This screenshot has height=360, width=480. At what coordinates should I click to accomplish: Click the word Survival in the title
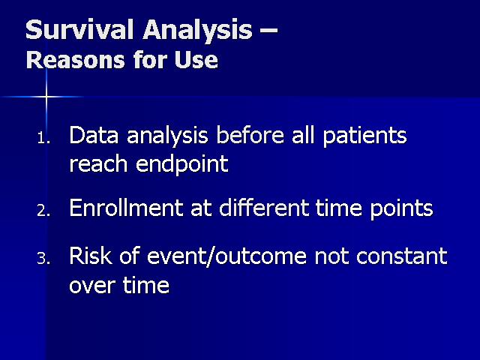pyautogui.click(x=79, y=30)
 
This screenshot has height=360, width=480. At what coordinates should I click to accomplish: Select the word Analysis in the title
pyautogui.click(x=197, y=31)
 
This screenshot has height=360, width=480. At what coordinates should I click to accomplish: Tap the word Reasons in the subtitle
pyautogui.click(x=76, y=59)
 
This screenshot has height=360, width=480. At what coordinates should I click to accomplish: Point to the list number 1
pyautogui.click(x=43, y=138)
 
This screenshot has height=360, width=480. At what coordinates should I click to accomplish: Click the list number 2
pyautogui.click(x=43, y=211)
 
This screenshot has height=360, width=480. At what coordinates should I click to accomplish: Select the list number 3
pyautogui.click(x=43, y=259)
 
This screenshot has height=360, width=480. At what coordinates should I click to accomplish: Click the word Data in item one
pyautogui.click(x=94, y=135)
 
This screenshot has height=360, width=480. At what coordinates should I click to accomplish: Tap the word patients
pyautogui.click(x=364, y=136)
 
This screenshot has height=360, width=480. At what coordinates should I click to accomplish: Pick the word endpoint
pyautogui.click(x=182, y=165)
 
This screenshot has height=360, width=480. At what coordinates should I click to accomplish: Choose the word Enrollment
pyautogui.click(x=126, y=208)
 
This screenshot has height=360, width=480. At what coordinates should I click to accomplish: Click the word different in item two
pyautogui.click(x=264, y=208)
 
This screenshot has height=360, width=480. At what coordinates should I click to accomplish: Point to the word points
pyautogui.click(x=401, y=209)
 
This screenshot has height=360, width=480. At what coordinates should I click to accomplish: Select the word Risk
pyautogui.click(x=91, y=256)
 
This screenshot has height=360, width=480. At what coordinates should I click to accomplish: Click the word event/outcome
pyautogui.click(x=226, y=256)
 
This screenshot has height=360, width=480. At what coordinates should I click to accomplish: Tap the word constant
pyautogui.click(x=402, y=256)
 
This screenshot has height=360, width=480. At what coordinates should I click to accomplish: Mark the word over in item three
pyautogui.click(x=92, y=286)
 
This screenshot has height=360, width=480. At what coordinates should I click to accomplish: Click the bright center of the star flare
pyautogui.click(x=46, y=97)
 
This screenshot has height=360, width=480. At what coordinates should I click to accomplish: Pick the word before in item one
pyautogui.click(x=250, y=135)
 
